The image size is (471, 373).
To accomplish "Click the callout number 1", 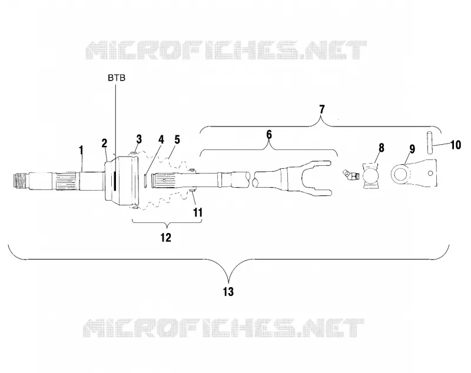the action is click(81, 151).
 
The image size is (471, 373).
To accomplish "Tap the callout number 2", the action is click(104, 143).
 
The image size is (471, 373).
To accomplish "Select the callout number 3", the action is click(139, 139).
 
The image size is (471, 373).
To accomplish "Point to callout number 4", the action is click(161, 139).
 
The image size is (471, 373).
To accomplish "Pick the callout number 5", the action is click(177, 139).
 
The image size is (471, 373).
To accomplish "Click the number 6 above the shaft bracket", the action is click(269, 135).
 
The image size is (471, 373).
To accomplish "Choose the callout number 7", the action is click(322, 110).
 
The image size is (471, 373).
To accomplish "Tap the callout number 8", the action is click(381, 148).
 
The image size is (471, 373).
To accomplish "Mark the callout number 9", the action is click(412, 148).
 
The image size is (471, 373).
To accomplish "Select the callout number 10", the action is click(456, 145).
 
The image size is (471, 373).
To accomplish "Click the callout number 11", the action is click(198, 212).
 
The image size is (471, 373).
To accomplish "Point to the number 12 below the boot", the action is click(165, 237).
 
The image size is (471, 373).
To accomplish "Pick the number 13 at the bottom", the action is click(228, 291).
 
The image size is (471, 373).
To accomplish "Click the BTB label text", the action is click(117, 78).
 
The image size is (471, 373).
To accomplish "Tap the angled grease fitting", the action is click(350, 175).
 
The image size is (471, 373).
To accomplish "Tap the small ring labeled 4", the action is click(145, 181).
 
